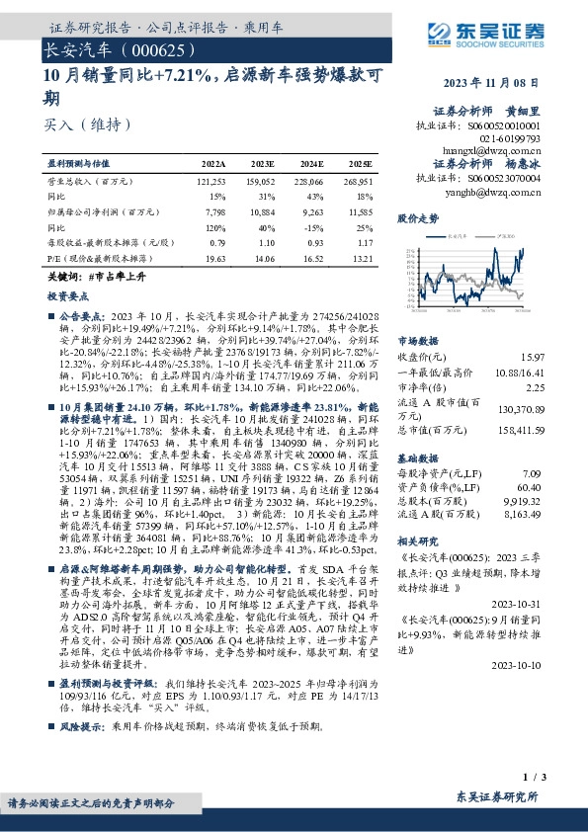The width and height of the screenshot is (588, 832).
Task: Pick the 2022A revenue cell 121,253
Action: point(212,182)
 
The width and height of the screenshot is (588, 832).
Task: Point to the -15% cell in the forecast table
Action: point(312,226)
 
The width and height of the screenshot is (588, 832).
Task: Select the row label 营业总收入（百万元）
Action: point(91,182)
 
